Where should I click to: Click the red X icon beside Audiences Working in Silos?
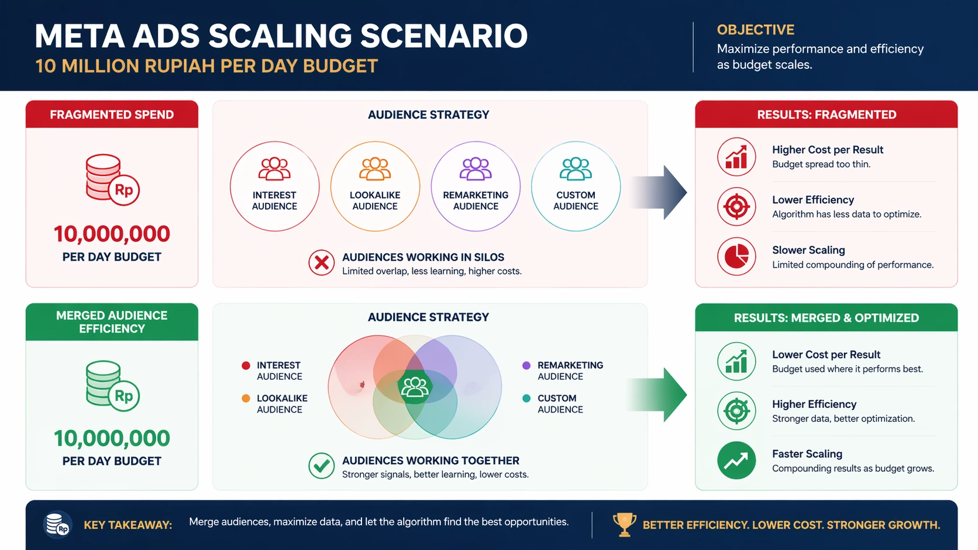321,262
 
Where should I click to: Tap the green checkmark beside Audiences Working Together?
321,465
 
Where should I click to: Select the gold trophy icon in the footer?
624,524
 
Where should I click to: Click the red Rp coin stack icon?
112,179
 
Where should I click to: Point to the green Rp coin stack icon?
112,386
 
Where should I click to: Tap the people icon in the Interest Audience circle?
274,169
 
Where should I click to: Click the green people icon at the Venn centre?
414,387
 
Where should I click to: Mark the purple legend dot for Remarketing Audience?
526,365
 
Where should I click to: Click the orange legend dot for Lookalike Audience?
246,398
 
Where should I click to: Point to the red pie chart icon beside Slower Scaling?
736,256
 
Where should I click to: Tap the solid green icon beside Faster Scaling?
736,460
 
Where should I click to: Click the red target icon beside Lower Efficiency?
736,206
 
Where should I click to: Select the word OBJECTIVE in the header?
755,30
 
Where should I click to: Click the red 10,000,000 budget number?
112,234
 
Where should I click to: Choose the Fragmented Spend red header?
112,115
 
